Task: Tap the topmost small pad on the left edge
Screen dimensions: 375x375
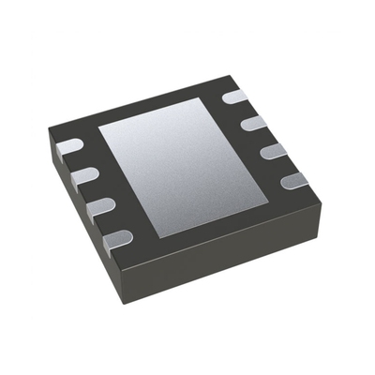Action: click(x=69, y=147)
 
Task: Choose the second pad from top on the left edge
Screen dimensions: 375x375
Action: click(x=84, y=176)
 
